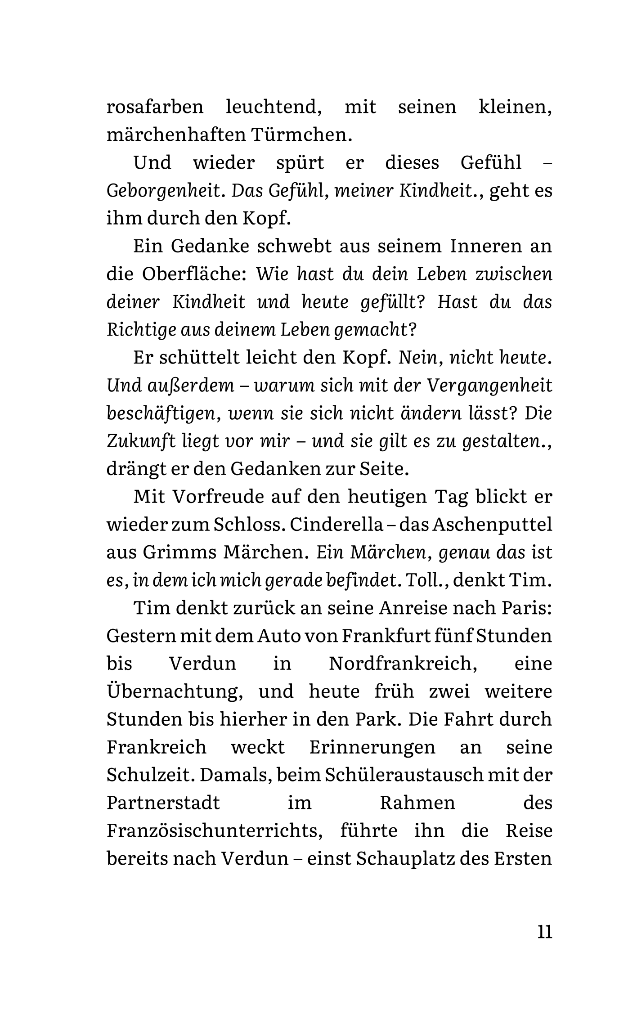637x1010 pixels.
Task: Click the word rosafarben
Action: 155,108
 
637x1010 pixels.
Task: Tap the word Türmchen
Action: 300,135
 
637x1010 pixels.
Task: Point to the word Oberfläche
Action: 194,274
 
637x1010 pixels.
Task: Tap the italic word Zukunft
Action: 141,441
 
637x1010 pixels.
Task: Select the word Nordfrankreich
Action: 403,664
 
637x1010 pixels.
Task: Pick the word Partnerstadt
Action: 163,803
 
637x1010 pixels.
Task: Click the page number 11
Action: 544,932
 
